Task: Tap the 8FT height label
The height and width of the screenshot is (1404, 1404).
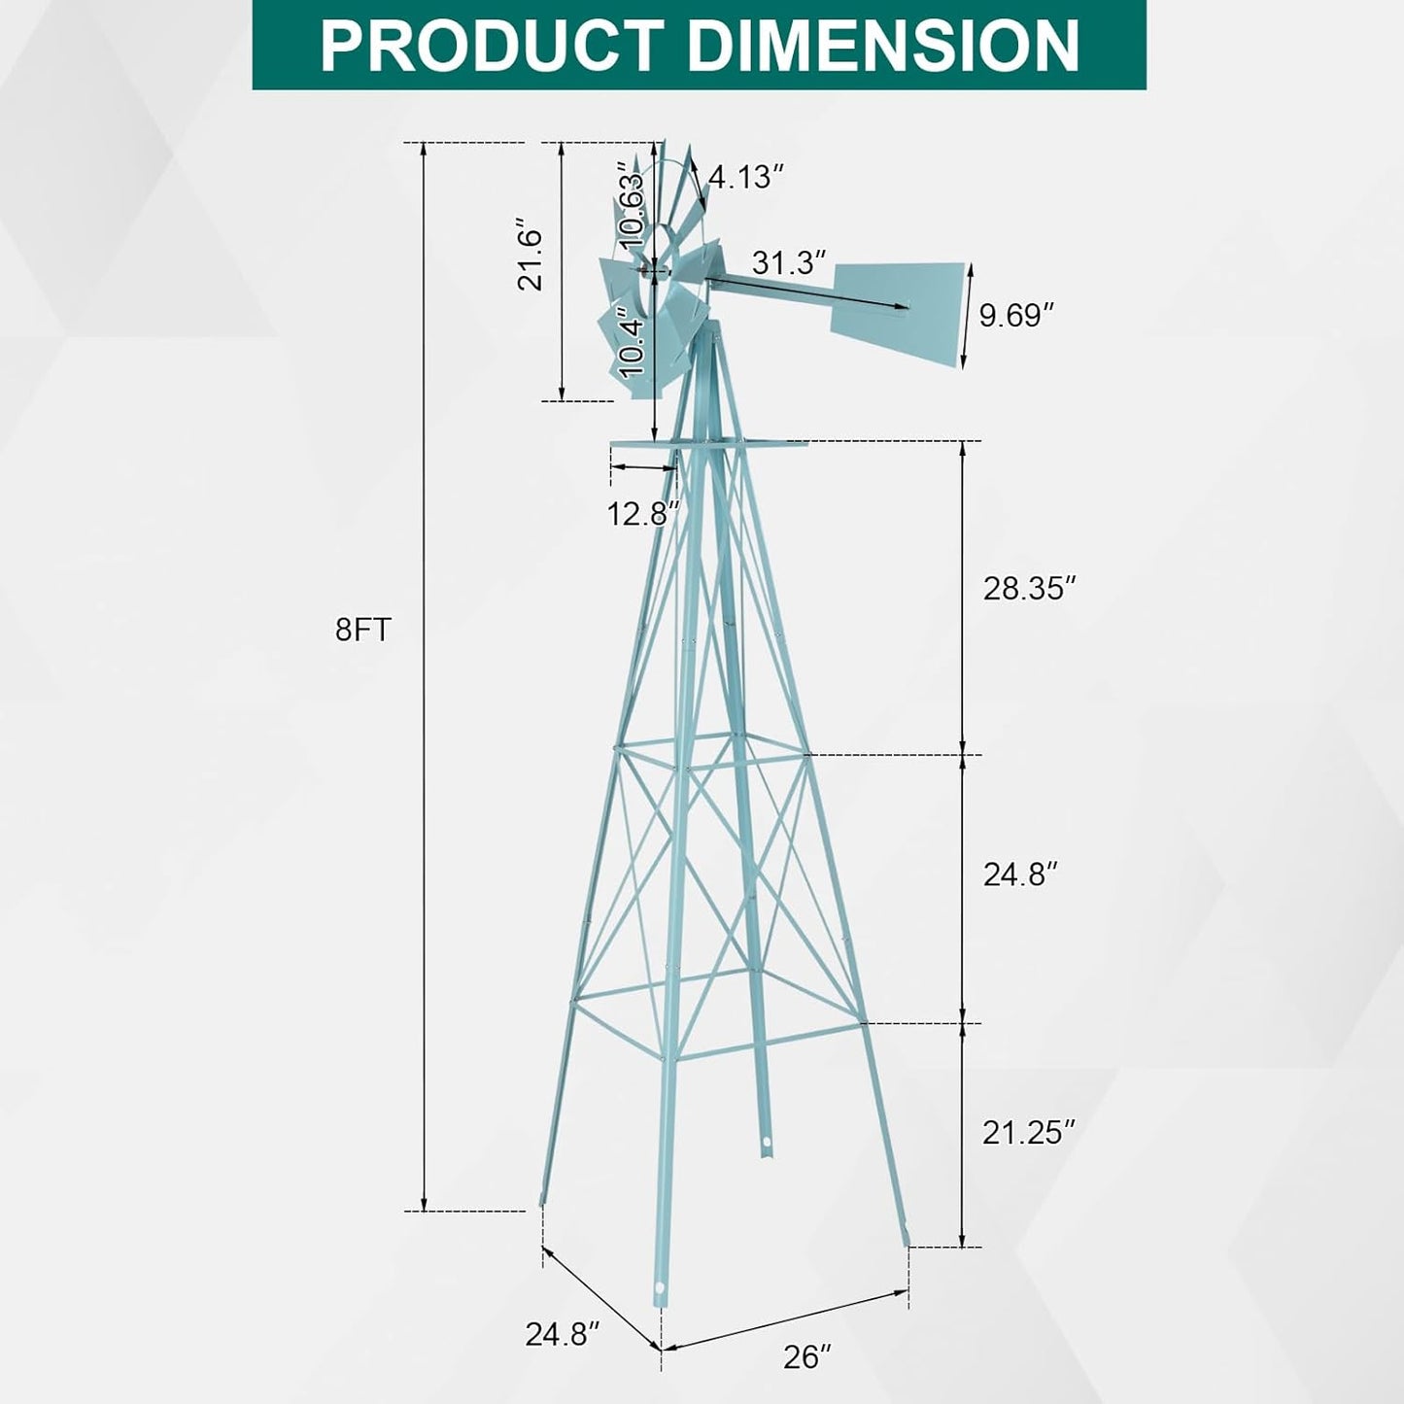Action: pyautogui.click(x=362, y=631)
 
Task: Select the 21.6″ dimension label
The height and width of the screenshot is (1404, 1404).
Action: pyautogui.click(x=531, y=259)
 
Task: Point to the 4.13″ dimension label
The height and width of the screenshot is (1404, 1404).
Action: pyautogui.click(x=746, y=177)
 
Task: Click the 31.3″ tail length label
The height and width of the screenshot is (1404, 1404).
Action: pyautogui.click(x=789, y=262)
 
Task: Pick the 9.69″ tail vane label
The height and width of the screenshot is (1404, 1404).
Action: pyautogui.click(x=1016, y=315)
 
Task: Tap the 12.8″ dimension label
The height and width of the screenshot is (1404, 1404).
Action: pyautogui.click(x=643, y=513)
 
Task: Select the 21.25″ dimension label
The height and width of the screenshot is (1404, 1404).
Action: pyautogui.click(x=1029, y=1133)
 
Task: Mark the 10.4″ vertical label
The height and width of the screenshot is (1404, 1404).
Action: pyautogui.click(x=633, y=347)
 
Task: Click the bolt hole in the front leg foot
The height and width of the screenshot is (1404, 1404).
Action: pyautogui.click(x=661, y=1289)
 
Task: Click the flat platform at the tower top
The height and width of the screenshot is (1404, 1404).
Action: pyautogui.click(x=708, y=445)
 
